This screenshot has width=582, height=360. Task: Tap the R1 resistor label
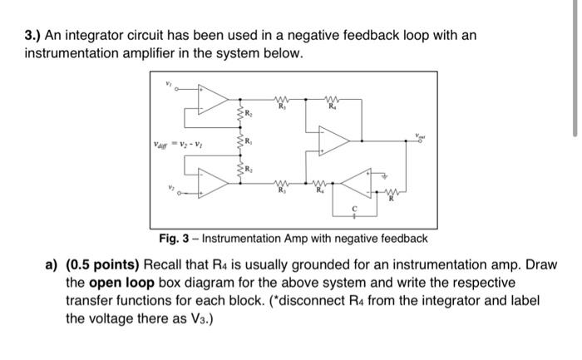(248, 142)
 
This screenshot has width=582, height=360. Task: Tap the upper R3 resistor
(281, 101)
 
